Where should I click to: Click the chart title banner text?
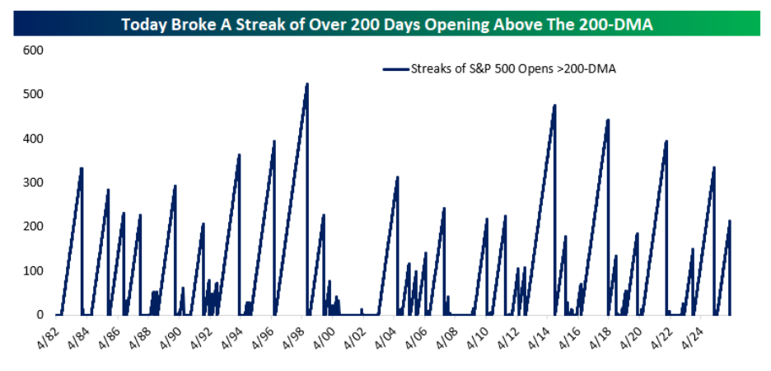point(387,24)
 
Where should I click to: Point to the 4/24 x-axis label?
point(693,334)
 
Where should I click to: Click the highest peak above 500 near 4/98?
point(307,84)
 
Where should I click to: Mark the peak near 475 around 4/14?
point(554,106)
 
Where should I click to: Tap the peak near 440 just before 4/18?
point(608,120)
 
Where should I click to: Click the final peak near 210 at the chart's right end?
point(730,221)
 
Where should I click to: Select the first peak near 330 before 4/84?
point(82,169)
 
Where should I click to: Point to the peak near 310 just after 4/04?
point(397,177)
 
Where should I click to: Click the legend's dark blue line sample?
point(396,70)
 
